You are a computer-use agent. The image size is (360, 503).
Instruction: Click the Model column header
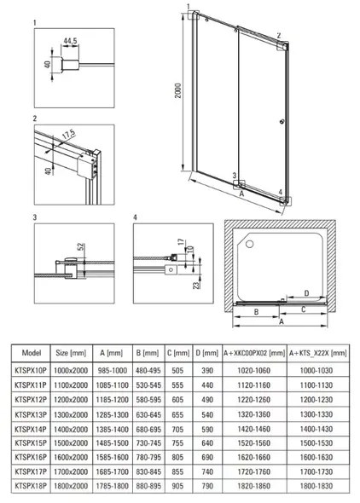31,351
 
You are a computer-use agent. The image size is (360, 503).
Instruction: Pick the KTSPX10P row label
32,371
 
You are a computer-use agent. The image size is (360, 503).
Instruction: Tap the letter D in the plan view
305,292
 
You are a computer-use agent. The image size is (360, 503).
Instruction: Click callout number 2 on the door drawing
278,36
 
